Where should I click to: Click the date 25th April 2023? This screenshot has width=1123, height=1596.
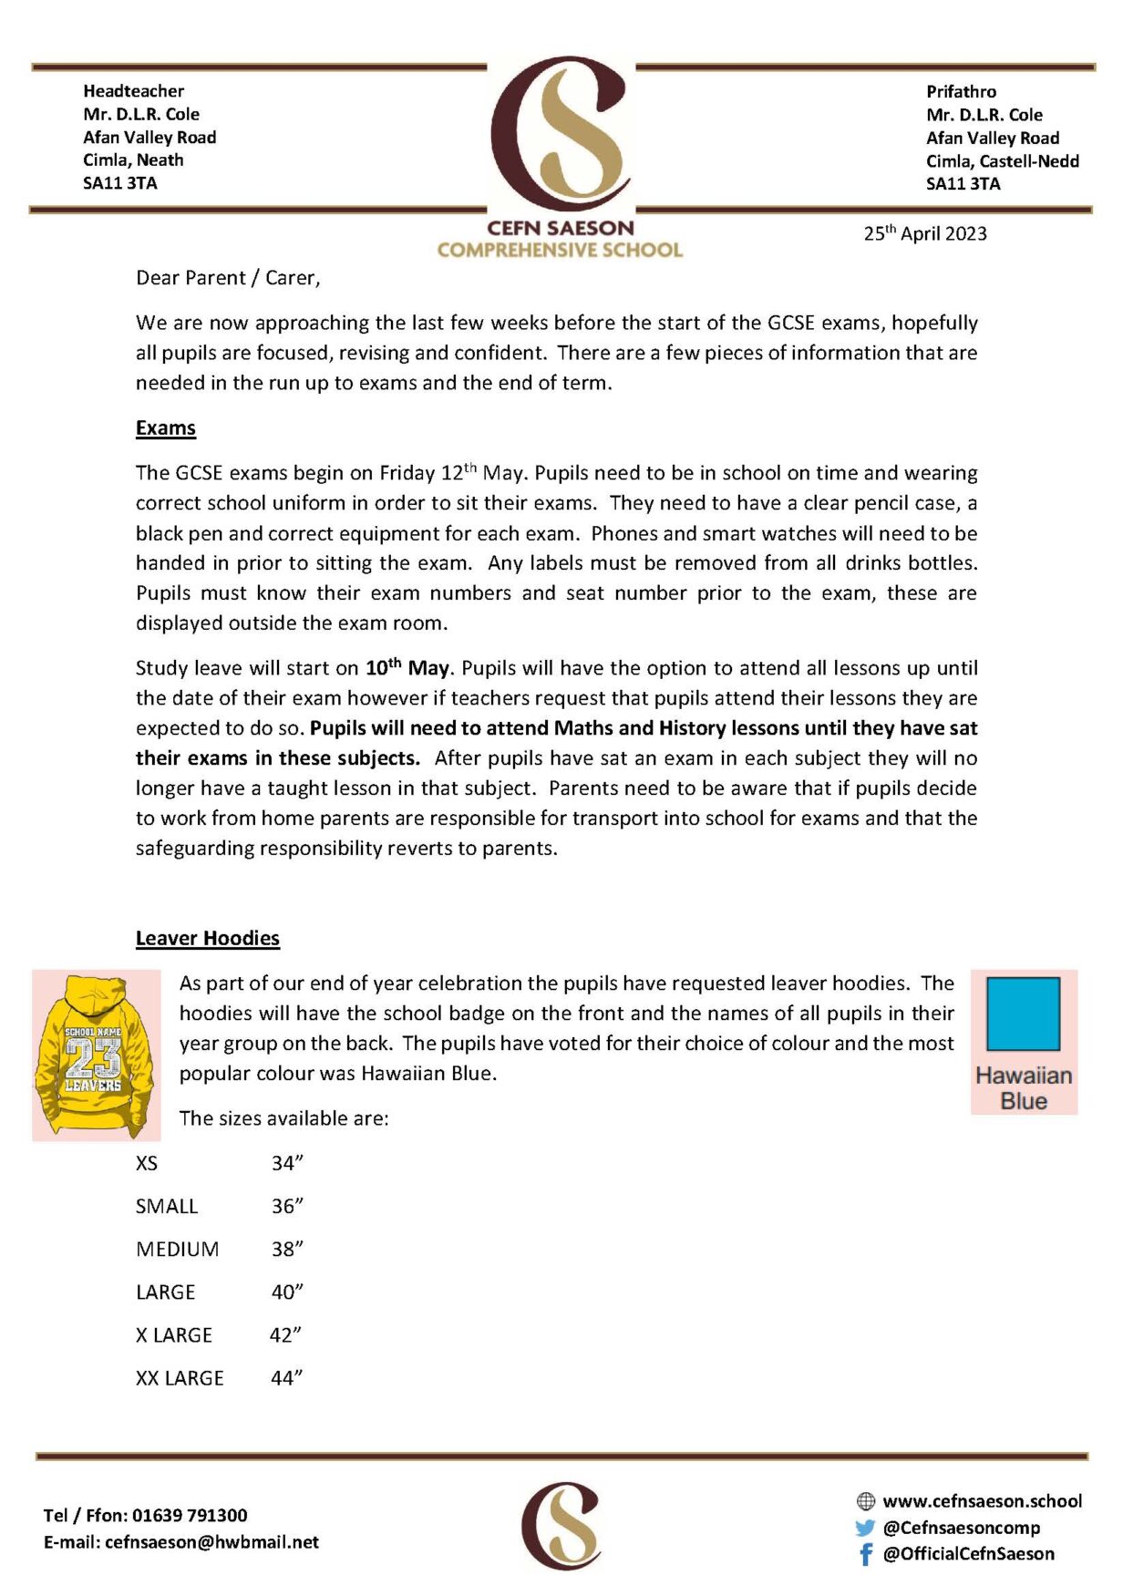[x=924, y=233]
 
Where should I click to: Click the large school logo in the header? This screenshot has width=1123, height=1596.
[x=560, y=137]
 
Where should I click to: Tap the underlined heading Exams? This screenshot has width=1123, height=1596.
[x=166, y=428]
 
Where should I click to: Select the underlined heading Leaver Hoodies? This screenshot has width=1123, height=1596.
[x=208, y=938]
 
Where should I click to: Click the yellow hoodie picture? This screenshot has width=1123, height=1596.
[x=96, y=1055]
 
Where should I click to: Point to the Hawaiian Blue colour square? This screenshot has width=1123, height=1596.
[x=1023, y=1014]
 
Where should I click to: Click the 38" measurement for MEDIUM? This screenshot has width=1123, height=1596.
[x=286, y=1249]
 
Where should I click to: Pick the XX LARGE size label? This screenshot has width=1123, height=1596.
[x=180, y=1378]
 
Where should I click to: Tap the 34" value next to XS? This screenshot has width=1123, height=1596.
[x=286, y=1163]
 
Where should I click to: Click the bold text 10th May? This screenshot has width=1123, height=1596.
[x=407, y=667]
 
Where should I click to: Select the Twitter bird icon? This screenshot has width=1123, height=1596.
[x=864, y=1528]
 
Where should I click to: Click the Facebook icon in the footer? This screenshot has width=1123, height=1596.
[x=865, y=1554]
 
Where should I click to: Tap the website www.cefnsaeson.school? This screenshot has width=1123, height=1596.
[x=982, y=1501]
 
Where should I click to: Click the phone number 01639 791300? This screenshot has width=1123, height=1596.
[x=190, y=1515]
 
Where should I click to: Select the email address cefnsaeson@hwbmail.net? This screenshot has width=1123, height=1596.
[x=211, y=1542]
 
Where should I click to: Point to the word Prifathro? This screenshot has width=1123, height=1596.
[x=961, y=91]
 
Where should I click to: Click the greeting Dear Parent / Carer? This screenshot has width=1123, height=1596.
[x=228, y=278]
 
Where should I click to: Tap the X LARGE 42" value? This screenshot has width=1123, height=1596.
[x=285, y=1335]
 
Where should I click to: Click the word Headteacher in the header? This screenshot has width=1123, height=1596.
[x=133, y=91]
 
